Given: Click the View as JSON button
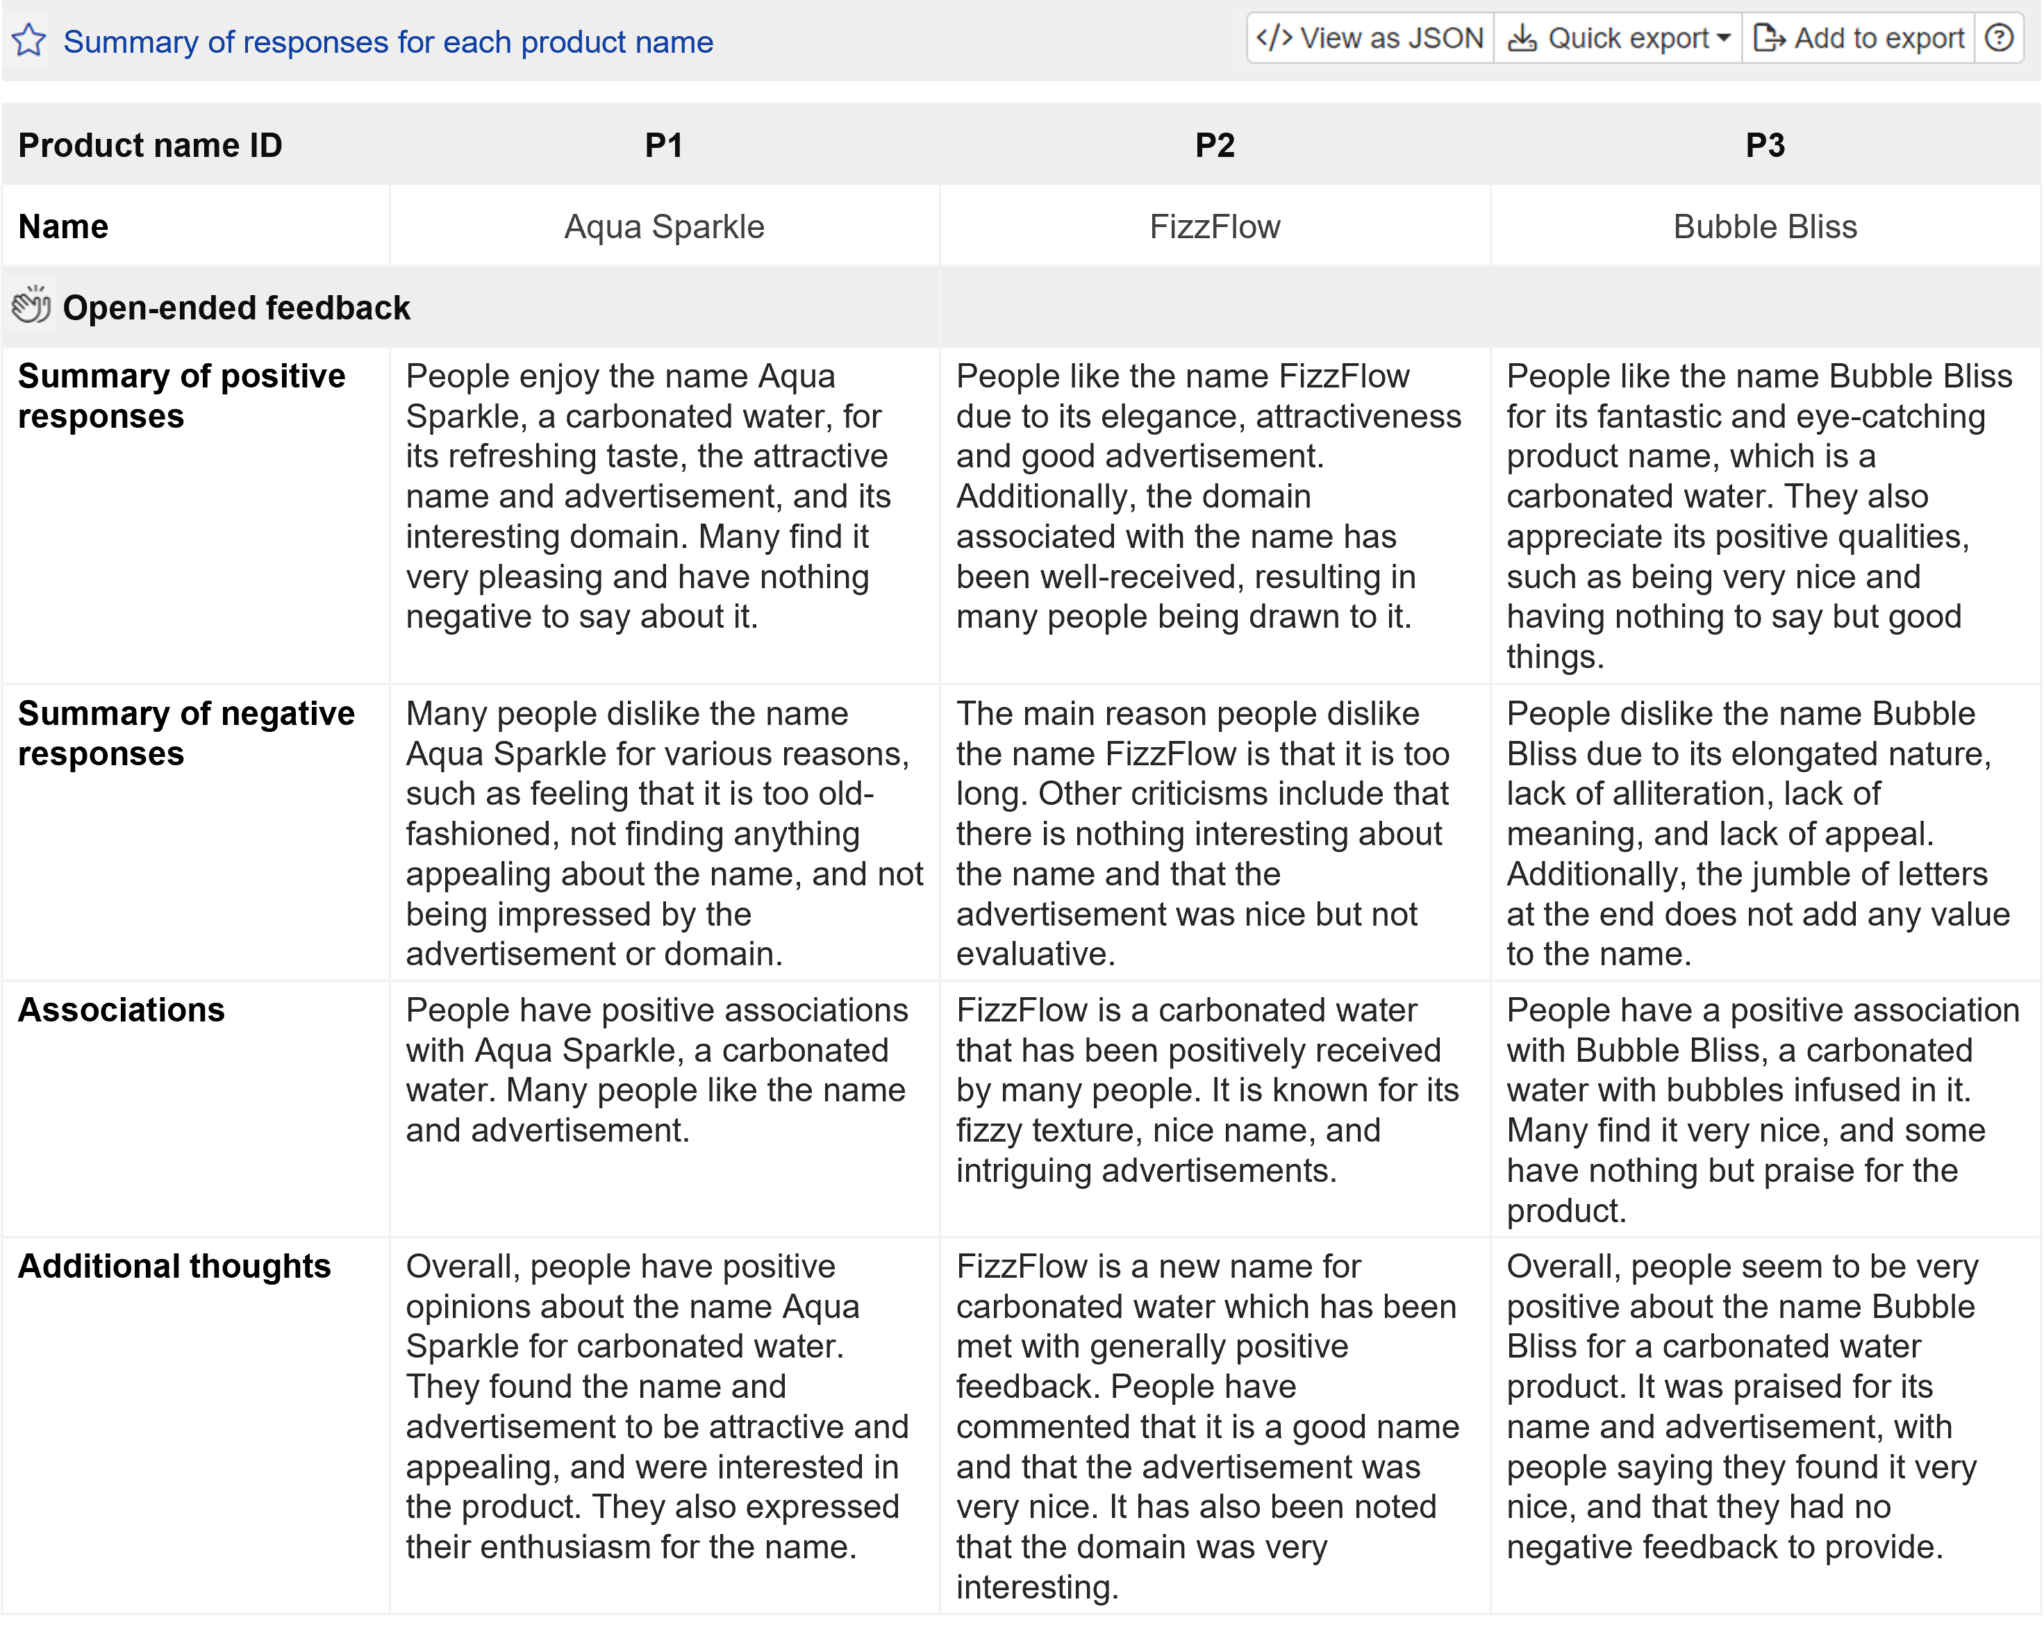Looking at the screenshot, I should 1370,38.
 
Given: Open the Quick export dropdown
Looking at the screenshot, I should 1618,38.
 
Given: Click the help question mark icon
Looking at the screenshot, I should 2000,38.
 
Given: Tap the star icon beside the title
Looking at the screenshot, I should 29,41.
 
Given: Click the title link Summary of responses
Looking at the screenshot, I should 388,42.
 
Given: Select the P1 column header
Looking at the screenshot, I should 664,145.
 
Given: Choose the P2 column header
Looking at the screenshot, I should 1215,145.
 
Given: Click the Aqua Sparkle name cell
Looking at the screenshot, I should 664,226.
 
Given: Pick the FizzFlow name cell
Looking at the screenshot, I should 1215,226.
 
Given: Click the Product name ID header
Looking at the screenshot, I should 150,145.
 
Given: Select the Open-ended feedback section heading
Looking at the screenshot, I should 236,308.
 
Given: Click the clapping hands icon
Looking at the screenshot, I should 31,306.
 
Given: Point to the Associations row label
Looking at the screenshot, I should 122,1010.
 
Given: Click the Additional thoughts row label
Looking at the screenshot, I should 174,1266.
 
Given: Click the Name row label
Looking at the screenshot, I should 63,226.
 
